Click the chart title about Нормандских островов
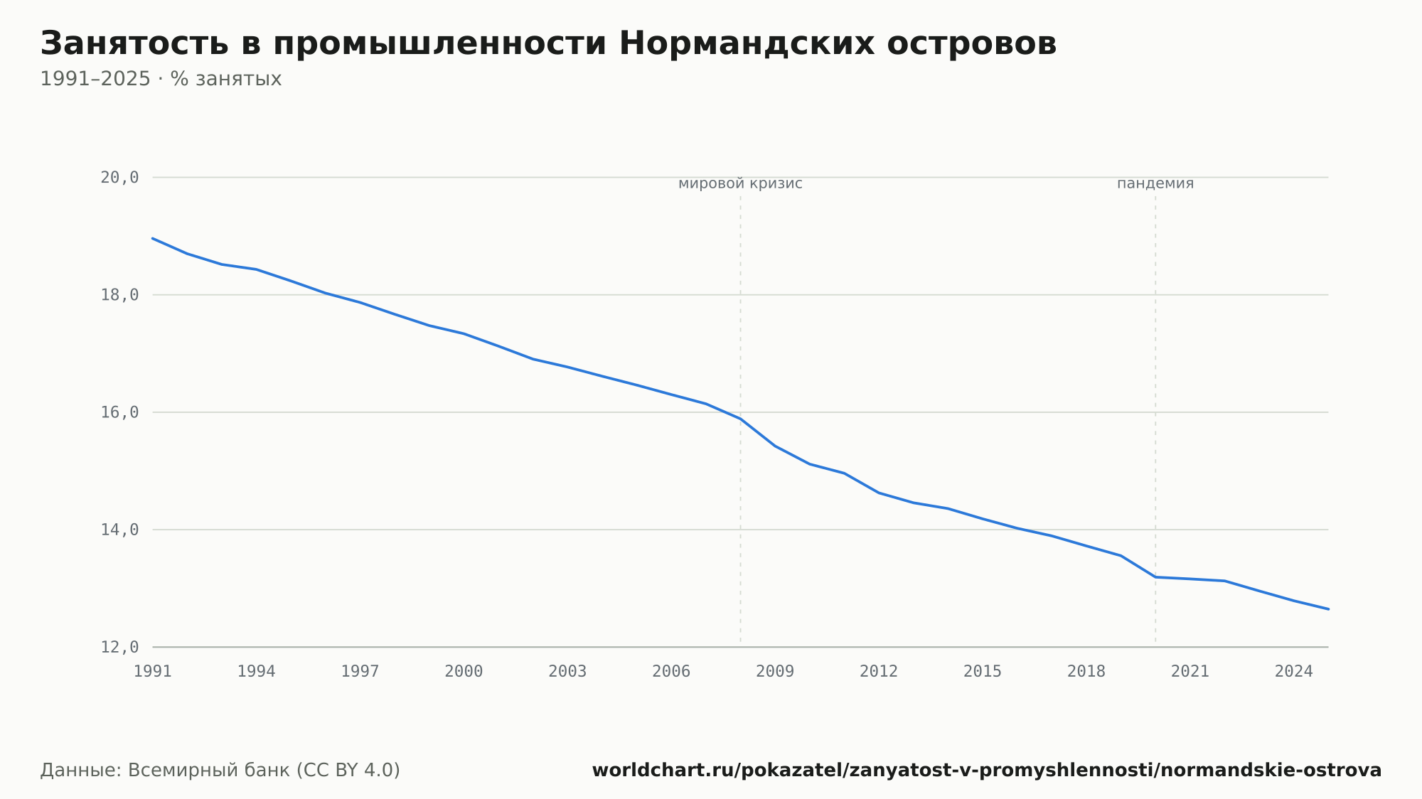tap(548, 44)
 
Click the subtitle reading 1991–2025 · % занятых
tap(161, 79)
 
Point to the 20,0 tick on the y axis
tap(119, 178)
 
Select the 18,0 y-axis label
tap(119, 295)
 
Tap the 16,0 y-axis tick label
tap(119, 412)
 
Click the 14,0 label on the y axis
tap(119, 530)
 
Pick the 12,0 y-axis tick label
tap(119, 647)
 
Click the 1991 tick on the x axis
tap(153, 672)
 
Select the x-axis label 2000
tap(464, 672)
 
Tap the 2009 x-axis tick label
tap(775, 672)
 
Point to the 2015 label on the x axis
tap(983, 672)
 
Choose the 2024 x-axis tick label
tap(1294, 672)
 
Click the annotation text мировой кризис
tap(740, 183)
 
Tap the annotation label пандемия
tap(1155, 183)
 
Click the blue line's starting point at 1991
tap(153, 238)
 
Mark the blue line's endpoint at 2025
tap(1328, 609)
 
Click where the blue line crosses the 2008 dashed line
tap(740, 419)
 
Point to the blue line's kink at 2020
tap(1155, 577)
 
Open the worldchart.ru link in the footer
tap(987, 771)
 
